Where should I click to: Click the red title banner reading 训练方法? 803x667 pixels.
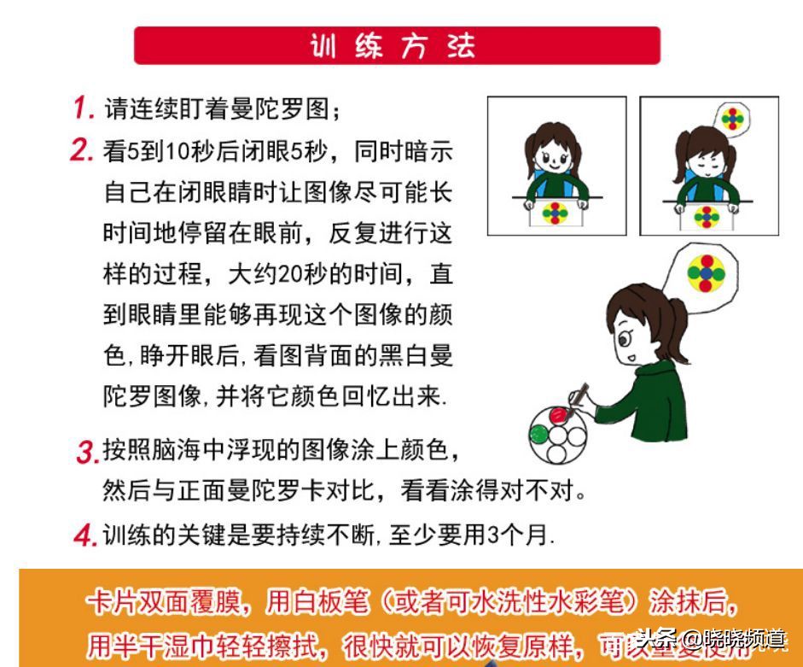tap(397, 45)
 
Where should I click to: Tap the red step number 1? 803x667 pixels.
tap(83, 108)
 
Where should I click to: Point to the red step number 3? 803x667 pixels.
tap(88, 453)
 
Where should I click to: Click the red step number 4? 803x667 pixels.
tap(85, 536)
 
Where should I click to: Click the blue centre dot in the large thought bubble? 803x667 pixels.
tap(706, 272)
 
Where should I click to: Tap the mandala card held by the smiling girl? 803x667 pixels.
tap(556, 213)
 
